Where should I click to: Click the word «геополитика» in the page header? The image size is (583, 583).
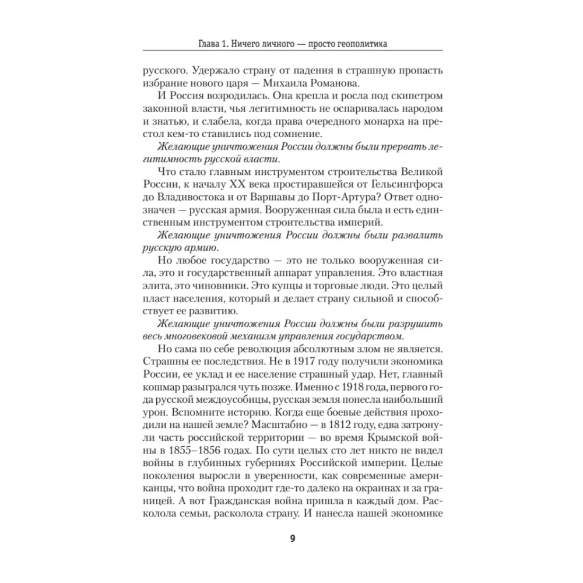point(358,44)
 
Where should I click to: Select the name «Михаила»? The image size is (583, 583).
point(324,83)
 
